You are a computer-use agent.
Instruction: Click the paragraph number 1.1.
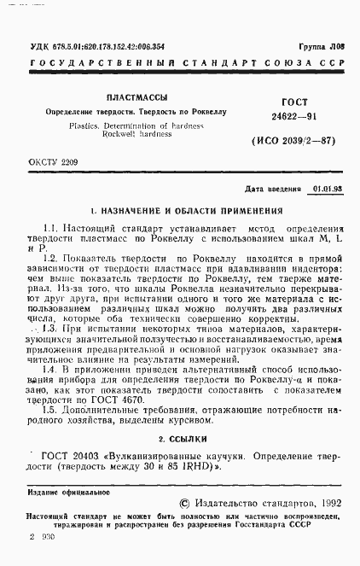click(x=50, y=230)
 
